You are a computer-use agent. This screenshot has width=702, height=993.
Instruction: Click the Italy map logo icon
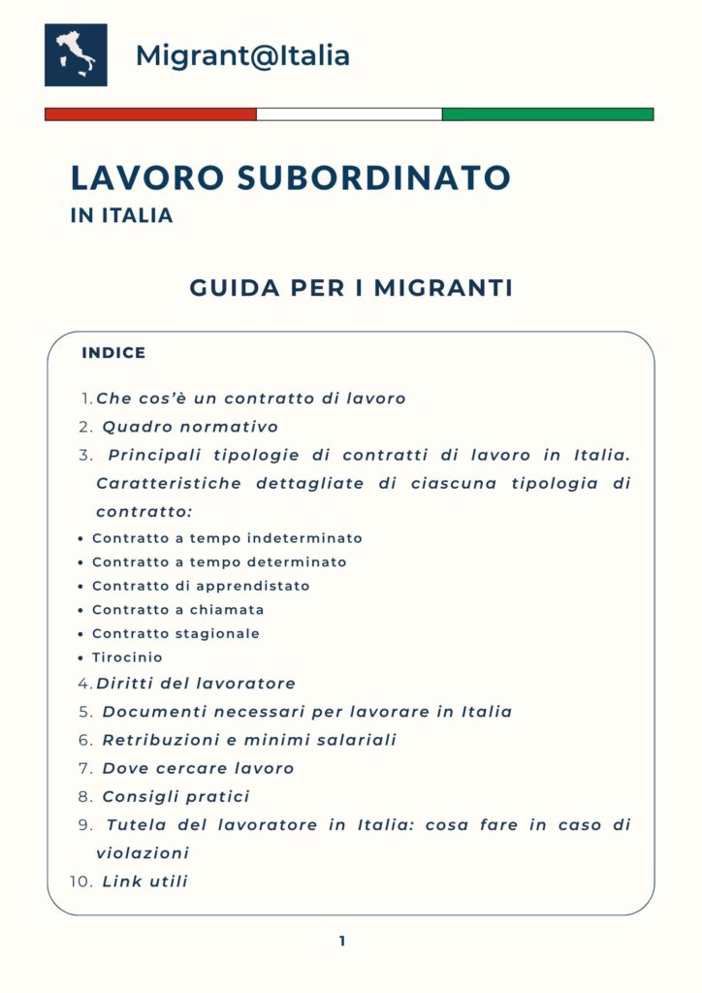76,55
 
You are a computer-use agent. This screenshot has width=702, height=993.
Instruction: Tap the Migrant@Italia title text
242,55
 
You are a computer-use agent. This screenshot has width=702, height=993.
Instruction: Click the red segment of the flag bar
150,113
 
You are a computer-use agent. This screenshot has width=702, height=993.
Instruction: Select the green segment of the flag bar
548,113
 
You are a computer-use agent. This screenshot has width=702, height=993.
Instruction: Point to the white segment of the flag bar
349,113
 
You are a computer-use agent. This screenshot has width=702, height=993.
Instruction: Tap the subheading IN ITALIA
122,215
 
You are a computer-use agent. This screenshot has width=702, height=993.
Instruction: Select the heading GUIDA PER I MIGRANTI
351,288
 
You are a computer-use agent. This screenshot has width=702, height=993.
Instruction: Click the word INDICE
113,353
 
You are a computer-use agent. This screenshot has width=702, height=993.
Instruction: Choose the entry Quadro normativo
190,427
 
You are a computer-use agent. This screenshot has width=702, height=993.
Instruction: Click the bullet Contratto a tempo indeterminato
227,538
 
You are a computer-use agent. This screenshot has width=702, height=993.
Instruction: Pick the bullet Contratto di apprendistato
201,586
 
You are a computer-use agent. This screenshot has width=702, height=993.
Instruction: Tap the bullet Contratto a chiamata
177,610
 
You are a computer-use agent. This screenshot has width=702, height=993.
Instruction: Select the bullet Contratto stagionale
175,633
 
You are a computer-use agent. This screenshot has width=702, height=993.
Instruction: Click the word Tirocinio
127,657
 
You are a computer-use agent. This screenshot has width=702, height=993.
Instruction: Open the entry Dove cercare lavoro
198,768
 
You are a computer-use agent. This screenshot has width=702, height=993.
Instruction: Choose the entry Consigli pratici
175,796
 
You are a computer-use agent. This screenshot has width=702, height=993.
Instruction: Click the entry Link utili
144,881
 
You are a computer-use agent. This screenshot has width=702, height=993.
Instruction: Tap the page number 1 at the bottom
342,941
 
